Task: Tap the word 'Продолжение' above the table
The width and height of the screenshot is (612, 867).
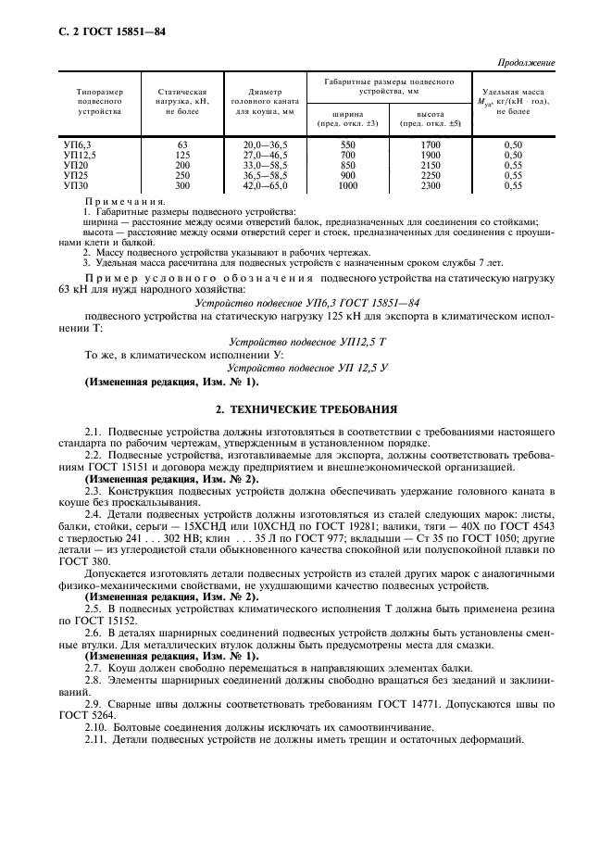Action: [527, 63]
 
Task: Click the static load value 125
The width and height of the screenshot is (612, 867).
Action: [181, 156]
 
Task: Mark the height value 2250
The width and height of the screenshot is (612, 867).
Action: [430, 176]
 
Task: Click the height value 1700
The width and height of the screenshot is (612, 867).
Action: [430, 145]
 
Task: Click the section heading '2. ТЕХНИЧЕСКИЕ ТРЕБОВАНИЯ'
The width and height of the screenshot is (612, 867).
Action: [306, 408]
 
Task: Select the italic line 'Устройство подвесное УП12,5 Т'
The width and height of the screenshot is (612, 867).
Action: [306, 342]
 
